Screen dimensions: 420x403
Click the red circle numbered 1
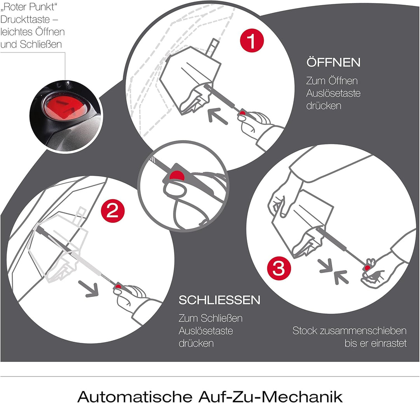252,40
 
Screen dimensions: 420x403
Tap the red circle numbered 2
113,210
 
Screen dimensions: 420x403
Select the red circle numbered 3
279,268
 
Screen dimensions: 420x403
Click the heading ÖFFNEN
334,62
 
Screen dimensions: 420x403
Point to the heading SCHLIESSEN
219,300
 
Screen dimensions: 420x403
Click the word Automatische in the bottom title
135,396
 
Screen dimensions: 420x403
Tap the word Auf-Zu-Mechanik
270,396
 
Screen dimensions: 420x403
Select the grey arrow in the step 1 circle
218,116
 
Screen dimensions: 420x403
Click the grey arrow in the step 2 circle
89,288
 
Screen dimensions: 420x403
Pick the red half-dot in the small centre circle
177,176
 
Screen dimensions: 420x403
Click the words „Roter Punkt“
29,7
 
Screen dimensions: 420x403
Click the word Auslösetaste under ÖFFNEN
333,93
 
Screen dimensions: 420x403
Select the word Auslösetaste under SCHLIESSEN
206,331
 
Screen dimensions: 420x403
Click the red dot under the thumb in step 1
242,113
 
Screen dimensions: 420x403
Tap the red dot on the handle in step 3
367,268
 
